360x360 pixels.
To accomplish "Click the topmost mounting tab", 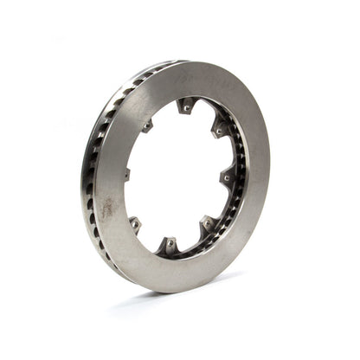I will [x=185, y=106].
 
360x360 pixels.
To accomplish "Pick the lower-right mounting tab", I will [x=208, y=225].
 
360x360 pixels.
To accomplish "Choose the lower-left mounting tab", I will [x=136, y=224].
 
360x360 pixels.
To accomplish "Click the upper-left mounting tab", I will [x=148, y=125].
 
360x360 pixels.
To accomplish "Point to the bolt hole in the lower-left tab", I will [x=136, y=224].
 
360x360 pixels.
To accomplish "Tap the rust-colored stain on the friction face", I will [x=108, y=208].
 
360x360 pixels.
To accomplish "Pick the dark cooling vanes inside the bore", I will [x=232, y=208].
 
